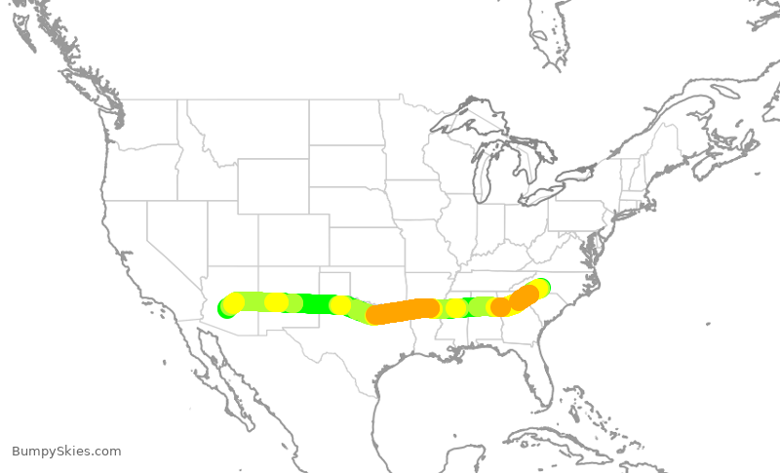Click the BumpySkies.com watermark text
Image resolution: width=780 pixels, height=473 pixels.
coord(66,452)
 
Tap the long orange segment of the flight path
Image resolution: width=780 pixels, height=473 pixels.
coord(402,311)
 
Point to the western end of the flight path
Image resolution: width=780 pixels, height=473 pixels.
coord(227,308)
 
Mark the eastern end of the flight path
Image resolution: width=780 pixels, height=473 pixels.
coord(540,288)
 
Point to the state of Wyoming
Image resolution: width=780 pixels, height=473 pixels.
coord(273,185)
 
